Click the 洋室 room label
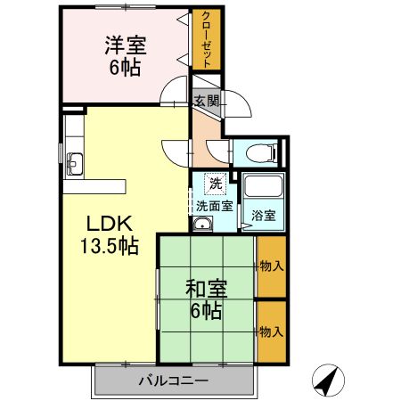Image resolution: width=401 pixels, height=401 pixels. pos(126,45)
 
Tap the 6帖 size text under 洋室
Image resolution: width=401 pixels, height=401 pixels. pos(126,68)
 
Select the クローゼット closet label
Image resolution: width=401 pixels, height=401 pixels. pos(206,41)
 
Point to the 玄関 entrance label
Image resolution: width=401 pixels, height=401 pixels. pos(206,100)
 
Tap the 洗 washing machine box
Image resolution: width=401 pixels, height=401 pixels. pos(215,183)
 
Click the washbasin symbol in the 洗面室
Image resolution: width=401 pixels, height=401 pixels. pos(202,224)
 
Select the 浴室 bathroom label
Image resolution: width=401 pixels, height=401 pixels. pos(262,216)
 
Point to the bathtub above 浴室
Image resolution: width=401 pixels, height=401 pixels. pos(264,187)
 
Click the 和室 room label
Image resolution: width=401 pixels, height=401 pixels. pos(206,290)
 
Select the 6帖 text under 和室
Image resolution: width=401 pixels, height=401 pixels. pos(206,313)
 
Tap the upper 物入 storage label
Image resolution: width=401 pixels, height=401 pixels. pos(272,266)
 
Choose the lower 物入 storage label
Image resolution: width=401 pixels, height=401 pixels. pos(272,331)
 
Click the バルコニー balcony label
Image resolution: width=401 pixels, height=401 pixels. pos(173,381)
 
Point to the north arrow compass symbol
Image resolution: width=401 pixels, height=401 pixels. pos(328,381)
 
